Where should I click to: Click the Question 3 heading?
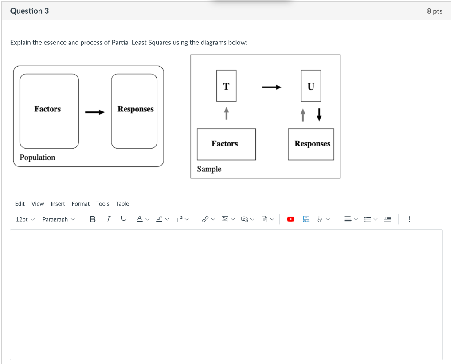29,11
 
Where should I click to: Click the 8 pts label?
434,11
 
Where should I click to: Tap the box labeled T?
226,86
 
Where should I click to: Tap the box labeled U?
311,86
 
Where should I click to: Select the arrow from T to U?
271,87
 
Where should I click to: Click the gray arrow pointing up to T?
226,113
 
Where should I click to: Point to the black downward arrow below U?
319,115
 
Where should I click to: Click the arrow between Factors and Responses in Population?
95,112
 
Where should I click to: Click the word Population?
37,158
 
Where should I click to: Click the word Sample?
209,169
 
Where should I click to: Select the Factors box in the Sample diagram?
226,144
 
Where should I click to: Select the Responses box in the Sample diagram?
311,144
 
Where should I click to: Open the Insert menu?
58,204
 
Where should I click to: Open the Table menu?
122,204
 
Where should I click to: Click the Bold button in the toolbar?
93,219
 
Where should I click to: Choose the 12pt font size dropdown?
25,219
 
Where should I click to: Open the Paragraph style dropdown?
59,219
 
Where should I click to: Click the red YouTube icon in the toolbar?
290,219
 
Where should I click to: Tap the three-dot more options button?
409,219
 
